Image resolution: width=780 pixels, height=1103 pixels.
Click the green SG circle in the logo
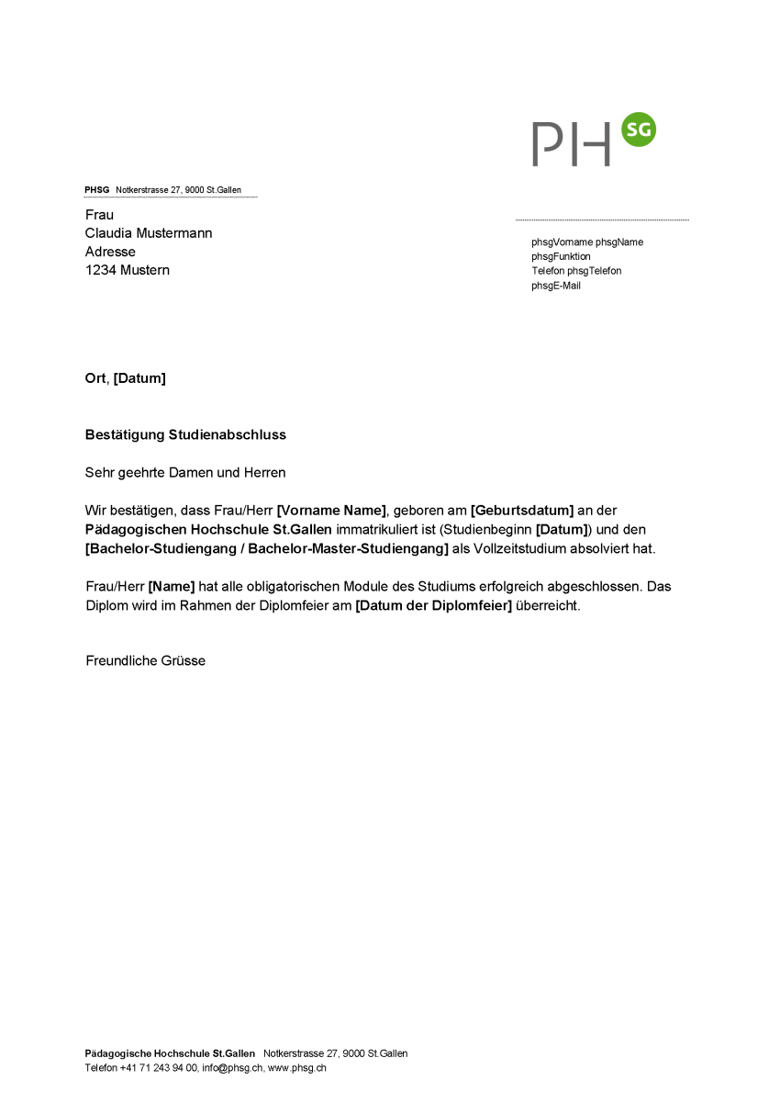point(639,130)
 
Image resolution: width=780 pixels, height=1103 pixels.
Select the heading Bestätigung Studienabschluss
point(185,434)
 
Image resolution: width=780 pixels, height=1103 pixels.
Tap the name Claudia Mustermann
point(149,233)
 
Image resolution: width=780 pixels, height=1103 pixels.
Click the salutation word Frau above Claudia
point(99,215)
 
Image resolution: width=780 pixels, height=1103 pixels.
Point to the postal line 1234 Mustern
point(128,270)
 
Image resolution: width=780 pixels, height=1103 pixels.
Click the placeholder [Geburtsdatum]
point(522,511)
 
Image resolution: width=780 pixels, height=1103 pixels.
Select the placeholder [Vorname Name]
point(331,511)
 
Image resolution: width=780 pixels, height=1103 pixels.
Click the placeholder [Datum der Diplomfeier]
point(433,606)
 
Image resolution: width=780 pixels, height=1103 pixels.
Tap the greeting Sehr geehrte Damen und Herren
point(185,473)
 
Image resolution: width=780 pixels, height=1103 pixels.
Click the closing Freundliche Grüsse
point(145,660)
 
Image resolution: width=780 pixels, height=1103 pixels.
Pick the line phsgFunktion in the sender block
point(561,256)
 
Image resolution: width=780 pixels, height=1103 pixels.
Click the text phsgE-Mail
point(556,286)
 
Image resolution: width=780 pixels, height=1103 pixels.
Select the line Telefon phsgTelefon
point(576,271)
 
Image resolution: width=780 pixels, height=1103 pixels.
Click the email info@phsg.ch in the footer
point(232,1068)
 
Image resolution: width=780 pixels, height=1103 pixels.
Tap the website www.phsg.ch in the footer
point(297,1068)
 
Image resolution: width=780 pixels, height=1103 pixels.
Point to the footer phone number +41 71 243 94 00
point(159,1068)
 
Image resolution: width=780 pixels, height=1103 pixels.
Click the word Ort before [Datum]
point(95,378)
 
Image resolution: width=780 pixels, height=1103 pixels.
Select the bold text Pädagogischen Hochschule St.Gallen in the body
point(208,530)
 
